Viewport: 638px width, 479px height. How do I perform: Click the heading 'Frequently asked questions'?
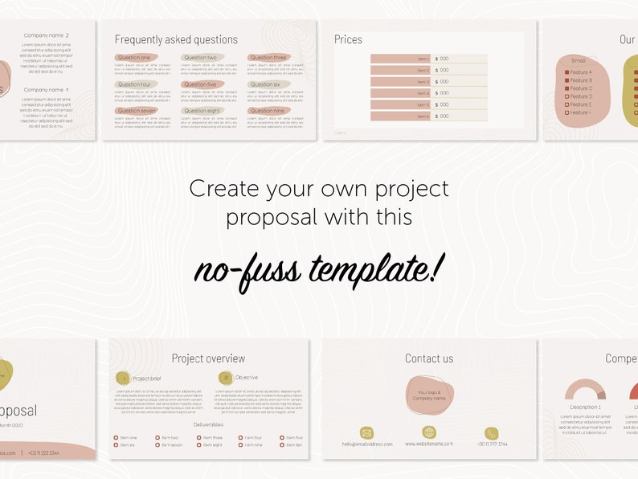pos(176,39)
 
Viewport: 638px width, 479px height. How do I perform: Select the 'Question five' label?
pos(200,84)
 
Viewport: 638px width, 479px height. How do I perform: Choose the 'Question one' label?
pos(134,58)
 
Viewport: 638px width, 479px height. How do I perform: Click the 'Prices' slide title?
pos(348,39)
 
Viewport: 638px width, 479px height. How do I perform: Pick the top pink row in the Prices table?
pos(400,59)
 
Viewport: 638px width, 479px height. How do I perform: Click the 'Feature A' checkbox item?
pos(579,72)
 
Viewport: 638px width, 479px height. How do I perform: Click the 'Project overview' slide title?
pos(208,358)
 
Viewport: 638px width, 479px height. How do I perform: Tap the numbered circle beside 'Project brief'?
pos(123,378)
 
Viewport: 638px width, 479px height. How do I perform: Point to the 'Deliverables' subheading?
pos(208,424)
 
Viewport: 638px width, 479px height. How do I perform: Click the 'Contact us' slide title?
pos(429,358)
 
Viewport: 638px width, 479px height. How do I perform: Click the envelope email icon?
pos(366,433)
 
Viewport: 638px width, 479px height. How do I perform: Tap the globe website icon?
pos(429,432)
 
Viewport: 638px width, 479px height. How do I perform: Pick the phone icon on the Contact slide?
pos(491,433)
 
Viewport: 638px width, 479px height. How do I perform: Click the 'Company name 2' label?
pos(46,35)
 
